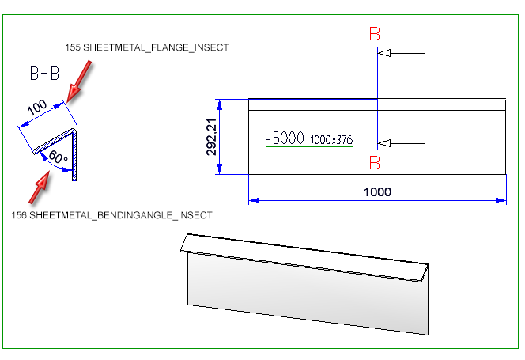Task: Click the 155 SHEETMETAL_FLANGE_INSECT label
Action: click(x=148, y=47)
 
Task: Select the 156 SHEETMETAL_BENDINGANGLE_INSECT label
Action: click(x=111, y=214)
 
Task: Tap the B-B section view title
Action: click(x=44, y=74)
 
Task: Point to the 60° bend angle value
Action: click(x=57, y=157)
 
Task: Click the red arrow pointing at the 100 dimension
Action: click(x=80, y=83)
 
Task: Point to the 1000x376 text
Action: click(x=331, y=140)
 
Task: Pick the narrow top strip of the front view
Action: click(x=376, y=104)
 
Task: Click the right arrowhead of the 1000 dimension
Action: click(x=501, y=200)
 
